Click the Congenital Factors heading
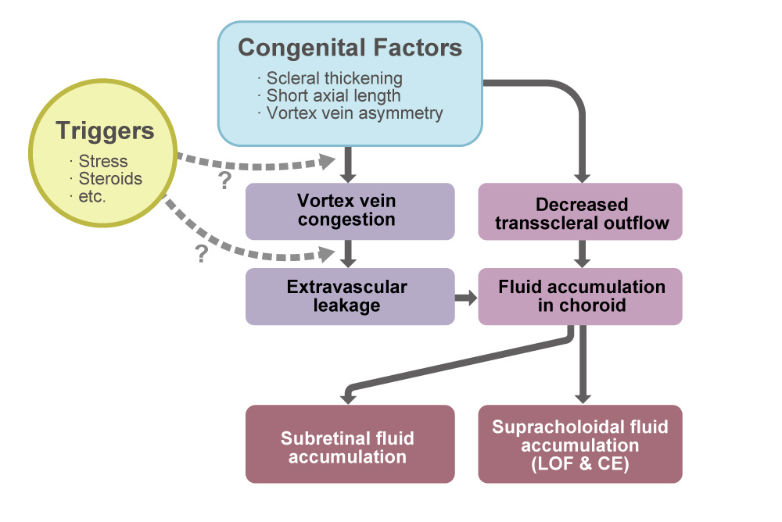click(x=350, y=48)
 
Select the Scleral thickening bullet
click(x=335, y=78)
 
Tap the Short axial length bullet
click(x=334, y=96)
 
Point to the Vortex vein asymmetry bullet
click(x=354, y=113)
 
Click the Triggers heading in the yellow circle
click(x=105, y=130)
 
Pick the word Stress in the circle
click(x=103, y=162)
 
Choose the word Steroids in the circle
click(x=110, y=179)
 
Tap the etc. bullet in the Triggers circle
click(x=92, y=195)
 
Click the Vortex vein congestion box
click(x=350, y=211)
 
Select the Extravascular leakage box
click(x=350, y=296)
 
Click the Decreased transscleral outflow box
click(x=581, y=213)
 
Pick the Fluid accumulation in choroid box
click(x=581, y=296)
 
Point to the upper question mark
click(x=225, y=181)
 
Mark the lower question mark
click(x=201, y=254)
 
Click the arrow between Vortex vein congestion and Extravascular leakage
click(x=350, y=253)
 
